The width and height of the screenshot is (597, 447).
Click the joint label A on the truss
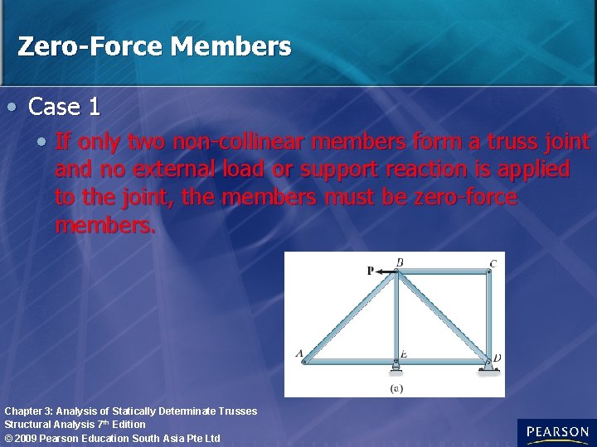click(x=299, y=353)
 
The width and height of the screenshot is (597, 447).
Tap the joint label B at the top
click(x=400, y=263)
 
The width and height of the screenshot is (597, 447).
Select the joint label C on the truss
click(x=493, y=264)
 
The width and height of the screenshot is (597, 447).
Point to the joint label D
click(x=497, y=358)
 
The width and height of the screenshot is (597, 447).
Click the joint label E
click(x=403, y=354)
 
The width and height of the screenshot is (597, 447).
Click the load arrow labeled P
click(x=384, y=271)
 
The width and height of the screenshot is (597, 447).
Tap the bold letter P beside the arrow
click(x=370, y=271)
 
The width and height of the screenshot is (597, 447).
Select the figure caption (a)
click(x=396, y=387)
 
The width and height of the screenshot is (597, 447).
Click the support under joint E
click(x=396, y=367)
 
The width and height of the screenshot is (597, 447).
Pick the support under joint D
click(x=488, y=367)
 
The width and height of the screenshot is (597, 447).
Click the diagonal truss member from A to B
click(x=349, y=316)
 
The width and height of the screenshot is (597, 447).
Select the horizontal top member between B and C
click(x=443, y=272)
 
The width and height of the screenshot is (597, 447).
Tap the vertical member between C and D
click(x=489, y=315)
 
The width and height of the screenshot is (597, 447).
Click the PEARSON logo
click(x=556, y=432)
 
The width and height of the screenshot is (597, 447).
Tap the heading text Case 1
click(x=65, y=106)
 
